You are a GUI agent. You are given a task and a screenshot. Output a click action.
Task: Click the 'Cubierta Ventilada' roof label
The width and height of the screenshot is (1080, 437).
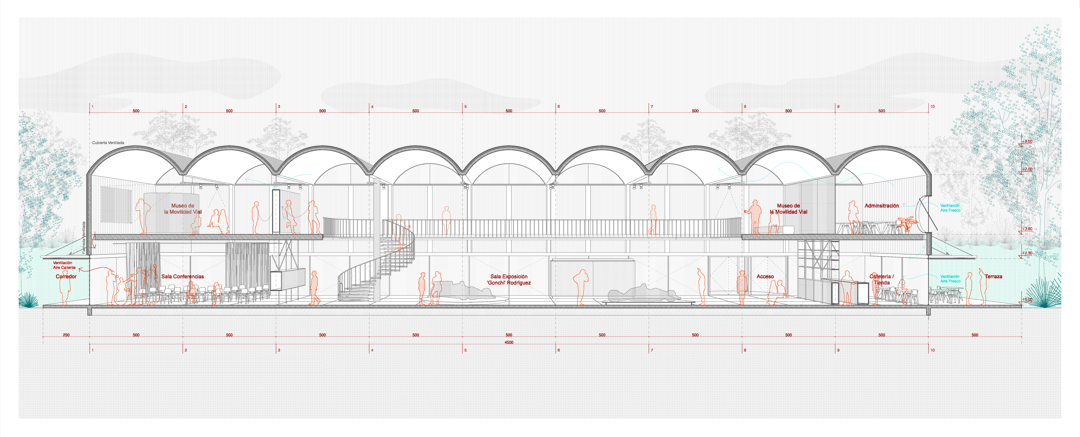tap(108, 143)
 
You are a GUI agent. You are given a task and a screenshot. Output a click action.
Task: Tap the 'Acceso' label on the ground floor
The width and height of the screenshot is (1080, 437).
tap(765, 276)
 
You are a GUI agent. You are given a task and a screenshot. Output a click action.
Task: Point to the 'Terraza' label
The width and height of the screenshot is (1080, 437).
tap(993, 276)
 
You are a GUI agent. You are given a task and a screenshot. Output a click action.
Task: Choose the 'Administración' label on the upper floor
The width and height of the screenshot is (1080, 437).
tap(882, 206)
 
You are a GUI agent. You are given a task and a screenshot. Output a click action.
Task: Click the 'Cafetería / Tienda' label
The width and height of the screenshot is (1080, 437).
tap(882, 279)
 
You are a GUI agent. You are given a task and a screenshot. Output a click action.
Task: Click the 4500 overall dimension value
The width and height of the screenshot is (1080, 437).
tap(509, 342)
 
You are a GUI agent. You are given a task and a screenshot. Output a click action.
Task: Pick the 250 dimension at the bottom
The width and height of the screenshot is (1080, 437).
tap(66, 335)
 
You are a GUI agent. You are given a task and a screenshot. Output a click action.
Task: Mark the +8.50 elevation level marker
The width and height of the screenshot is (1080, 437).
tap(1027, 142)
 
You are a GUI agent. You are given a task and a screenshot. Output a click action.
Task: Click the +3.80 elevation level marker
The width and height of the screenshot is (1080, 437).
tap(1027, 229)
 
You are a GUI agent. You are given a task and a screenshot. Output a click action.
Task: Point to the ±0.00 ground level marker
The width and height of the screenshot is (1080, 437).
tap(1027, 300)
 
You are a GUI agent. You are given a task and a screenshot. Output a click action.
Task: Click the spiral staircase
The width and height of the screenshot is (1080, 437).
tap(377, 268)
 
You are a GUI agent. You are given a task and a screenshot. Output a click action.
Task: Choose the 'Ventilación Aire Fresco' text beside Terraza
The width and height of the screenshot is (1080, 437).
tap(950, 279)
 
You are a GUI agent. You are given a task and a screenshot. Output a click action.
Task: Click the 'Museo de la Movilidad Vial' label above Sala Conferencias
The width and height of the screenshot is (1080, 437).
tap(183, 209)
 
